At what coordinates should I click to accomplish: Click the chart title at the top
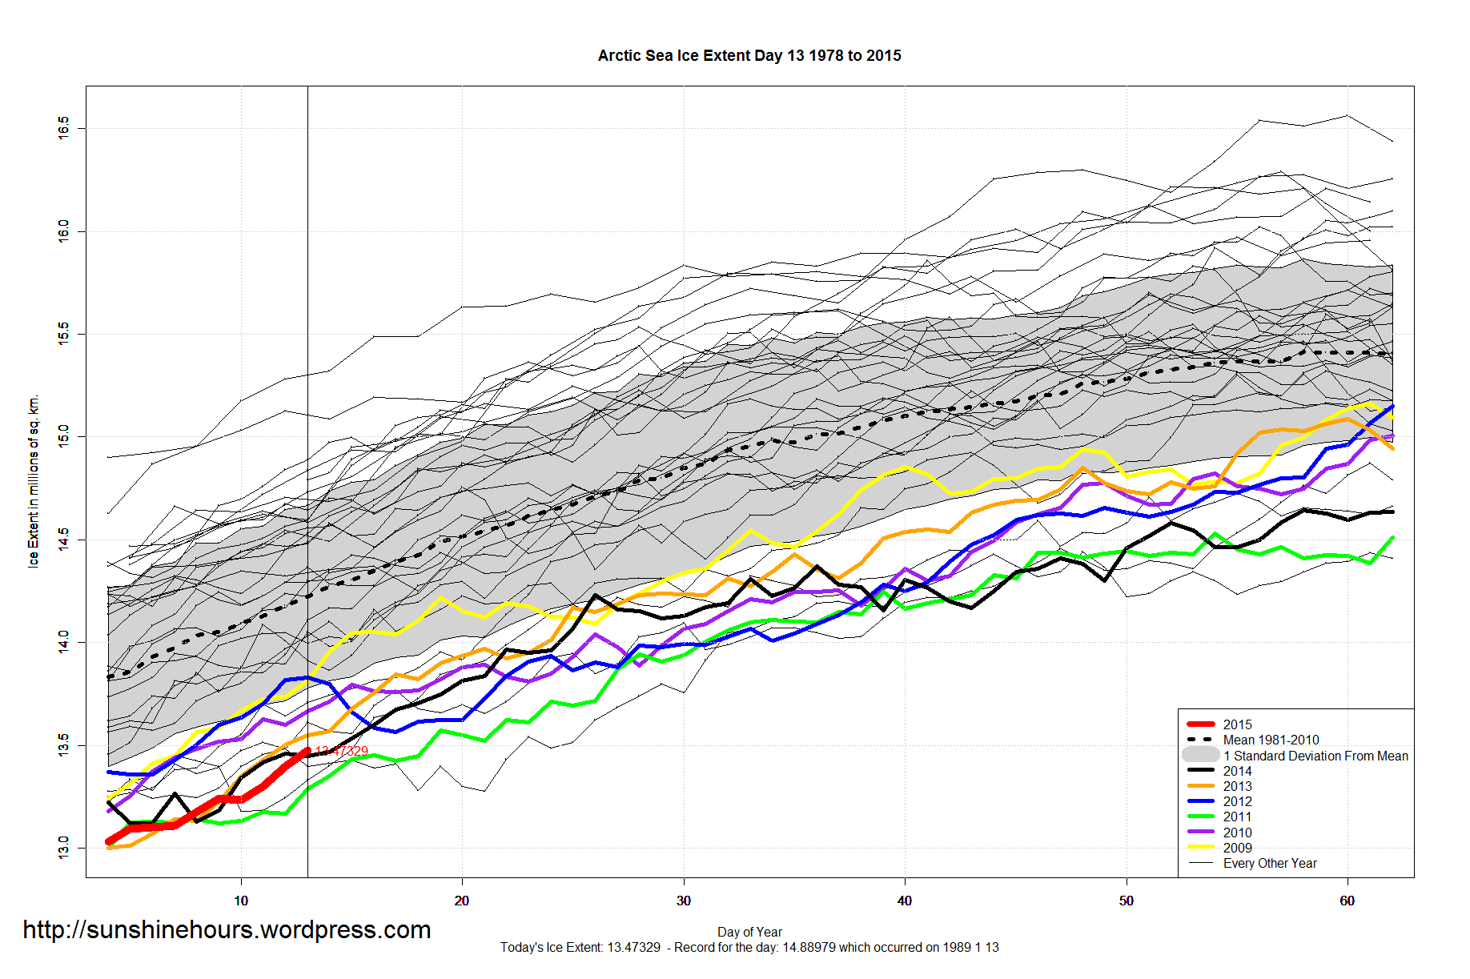pos(749,55)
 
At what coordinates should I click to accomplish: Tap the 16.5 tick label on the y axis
pos(63,128)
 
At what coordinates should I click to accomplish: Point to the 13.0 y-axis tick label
pos(63,848)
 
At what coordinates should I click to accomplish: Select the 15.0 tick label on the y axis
pos(63,436)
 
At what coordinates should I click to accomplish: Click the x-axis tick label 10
pos(241,901)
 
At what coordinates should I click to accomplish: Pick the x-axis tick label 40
pos(905,901)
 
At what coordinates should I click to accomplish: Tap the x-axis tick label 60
pos(1347,901)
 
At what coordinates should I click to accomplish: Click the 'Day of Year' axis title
pos(749,932)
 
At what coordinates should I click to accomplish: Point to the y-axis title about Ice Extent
pos(33,481)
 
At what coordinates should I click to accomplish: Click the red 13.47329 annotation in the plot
pos(342,751)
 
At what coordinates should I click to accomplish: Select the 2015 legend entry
pos(1237,724)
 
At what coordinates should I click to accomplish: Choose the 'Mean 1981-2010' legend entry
pos(1271,740)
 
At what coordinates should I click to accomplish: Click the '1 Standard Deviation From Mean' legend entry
pos(1315,756)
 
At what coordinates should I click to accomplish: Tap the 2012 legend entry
pos(1237,801)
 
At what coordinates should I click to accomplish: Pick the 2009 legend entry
pos(1237,848)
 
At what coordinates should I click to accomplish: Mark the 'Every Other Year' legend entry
pos(1270,863)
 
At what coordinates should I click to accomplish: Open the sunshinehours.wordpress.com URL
pos(227,930)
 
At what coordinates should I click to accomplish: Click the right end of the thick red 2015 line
pos(307,751)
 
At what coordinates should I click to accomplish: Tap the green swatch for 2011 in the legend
pos(1201,817)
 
